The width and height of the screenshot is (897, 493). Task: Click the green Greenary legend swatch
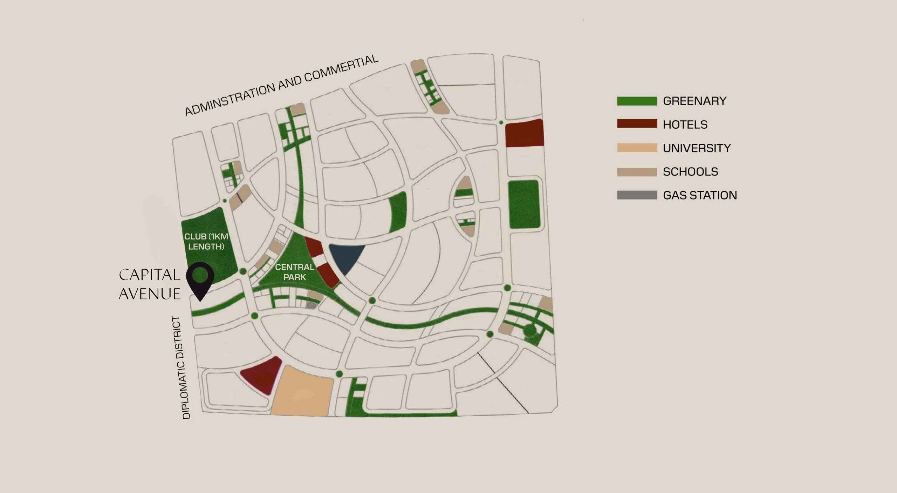tap(637, 101)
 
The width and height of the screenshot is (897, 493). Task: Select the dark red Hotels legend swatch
tap(637, 124)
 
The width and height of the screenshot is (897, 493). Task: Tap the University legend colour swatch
tap(637, 148)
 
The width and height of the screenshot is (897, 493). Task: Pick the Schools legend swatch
tap(637, 172)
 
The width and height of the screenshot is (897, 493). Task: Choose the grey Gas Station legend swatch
tap(637, 195)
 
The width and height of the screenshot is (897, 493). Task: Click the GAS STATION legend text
tap(700, 195)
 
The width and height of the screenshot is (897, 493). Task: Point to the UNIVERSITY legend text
tap(697, 148)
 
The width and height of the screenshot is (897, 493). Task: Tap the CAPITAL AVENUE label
tap(150, 284)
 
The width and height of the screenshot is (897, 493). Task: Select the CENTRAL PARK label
tap(294, 272)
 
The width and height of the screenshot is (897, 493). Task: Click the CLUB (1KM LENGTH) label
tap(206, 242)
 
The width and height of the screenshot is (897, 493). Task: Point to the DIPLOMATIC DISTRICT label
tap(182, 367)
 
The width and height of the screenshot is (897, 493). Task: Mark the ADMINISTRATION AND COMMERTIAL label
tap(281, 85)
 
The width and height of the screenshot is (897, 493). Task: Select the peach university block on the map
tap(302, 392)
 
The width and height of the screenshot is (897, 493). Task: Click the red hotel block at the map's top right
tap(524, 133)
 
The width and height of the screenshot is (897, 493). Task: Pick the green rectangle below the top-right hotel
tap(524, 204)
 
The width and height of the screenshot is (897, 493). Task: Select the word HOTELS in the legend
tap(685, 124)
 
